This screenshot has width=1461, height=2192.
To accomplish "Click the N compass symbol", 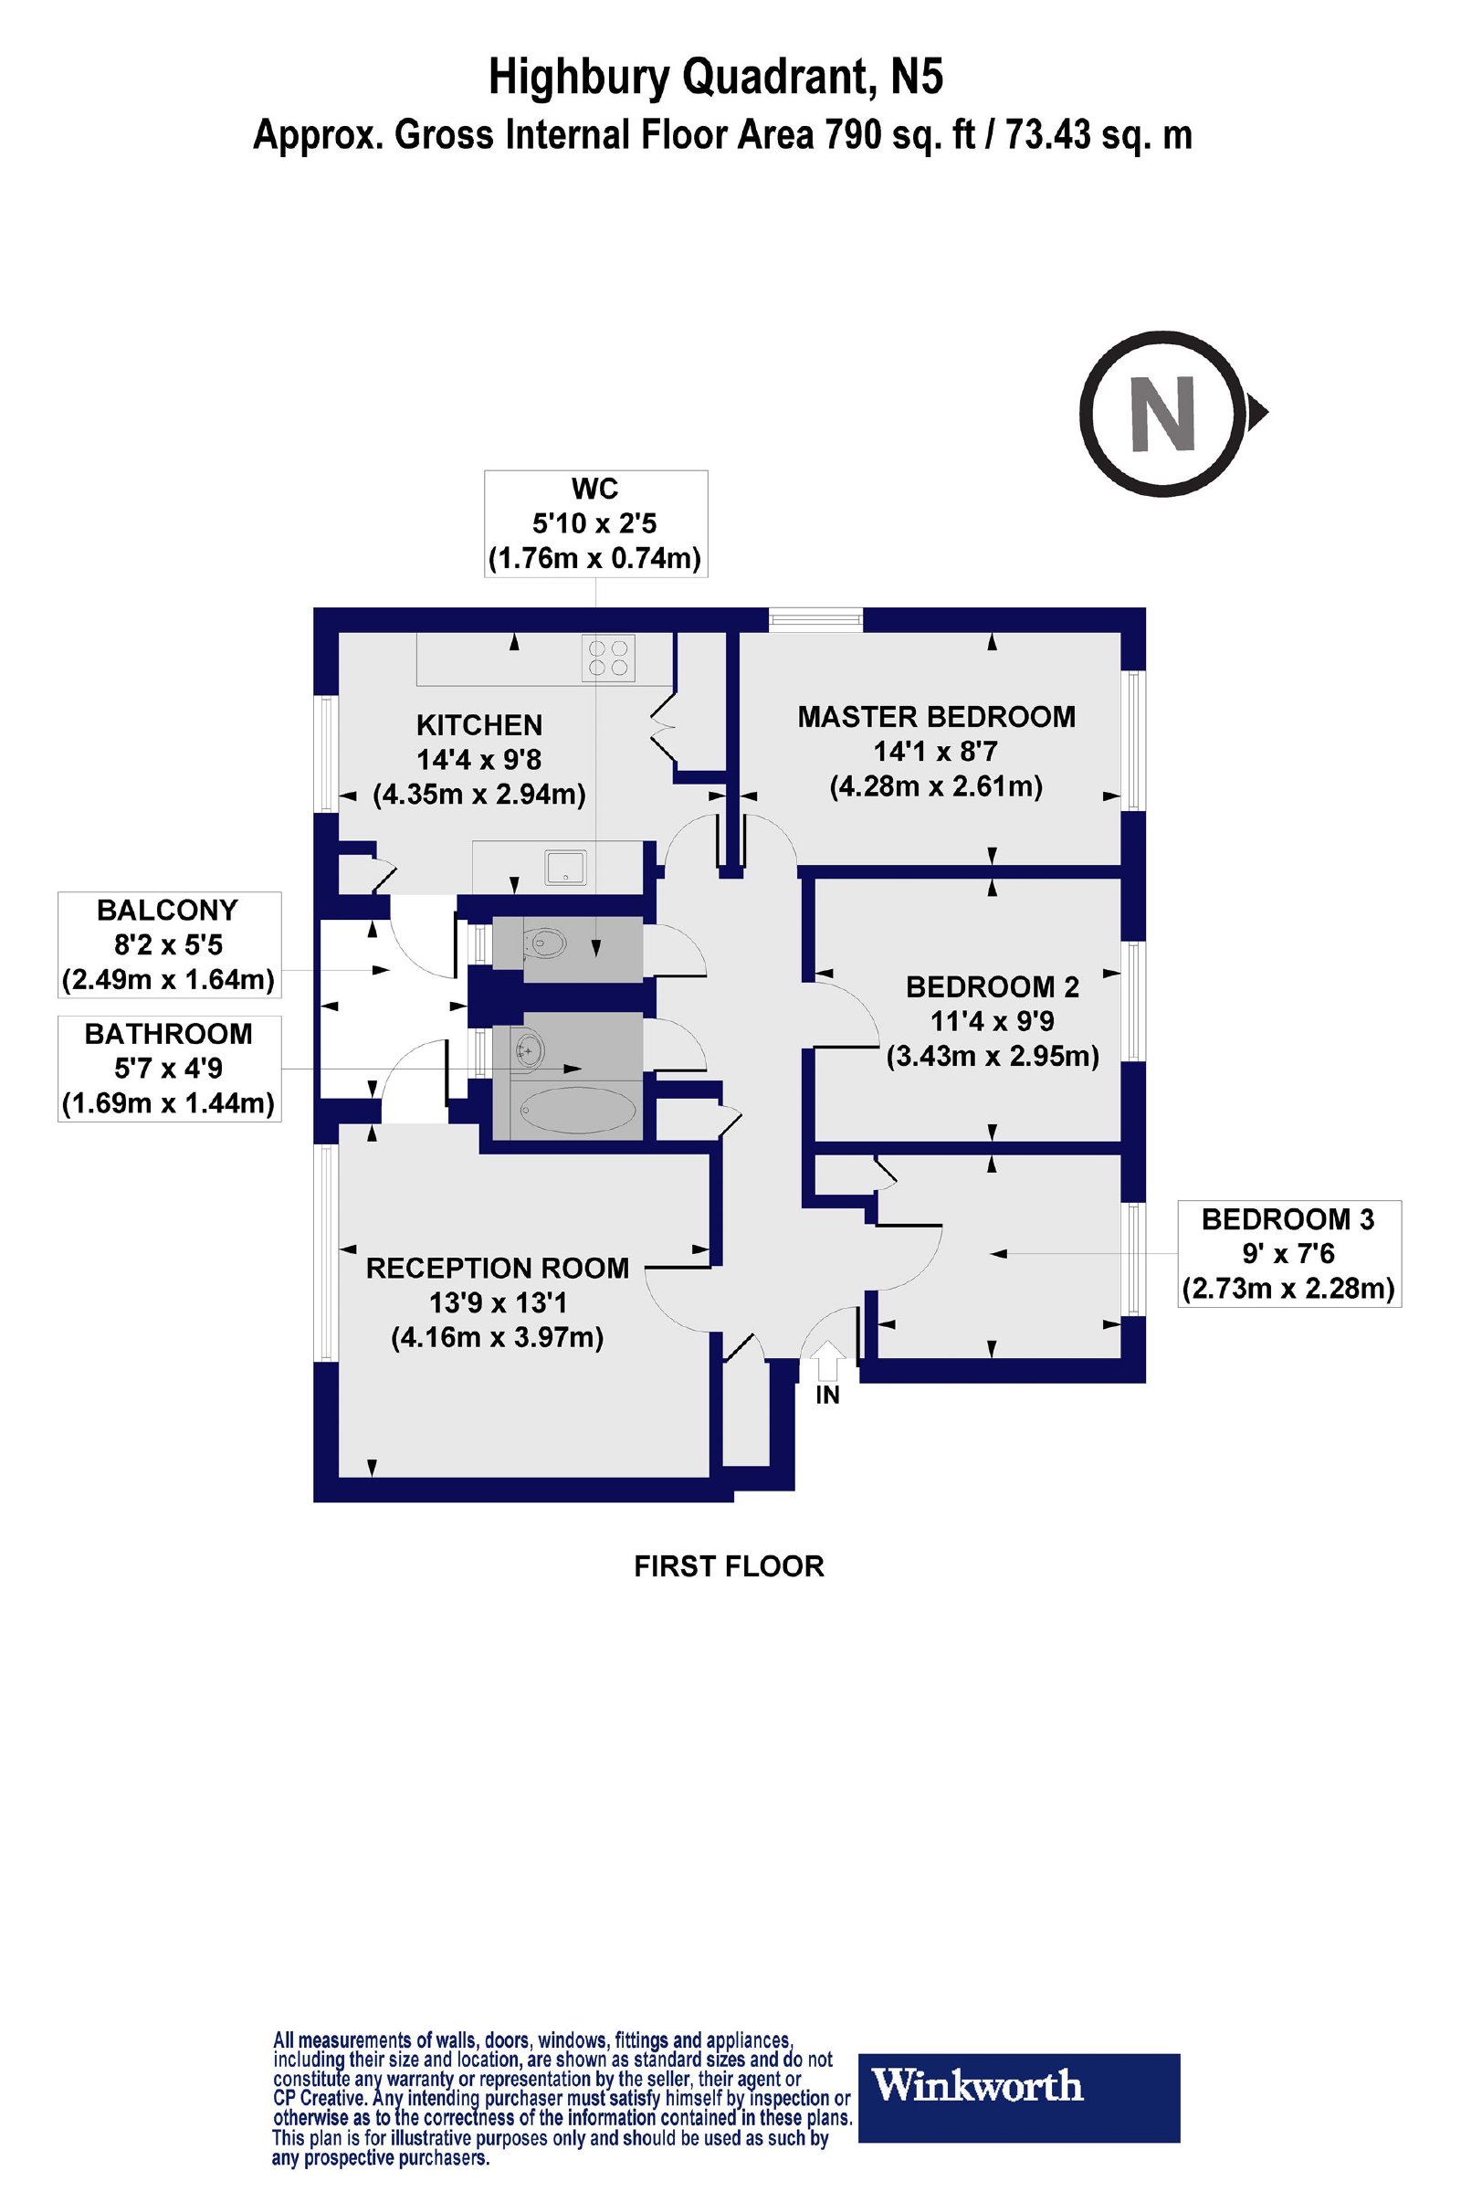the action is tap(1172, 412).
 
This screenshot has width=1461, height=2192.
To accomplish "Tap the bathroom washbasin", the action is tap(528, 1050).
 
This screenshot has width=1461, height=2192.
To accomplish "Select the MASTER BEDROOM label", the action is tap(937, 717).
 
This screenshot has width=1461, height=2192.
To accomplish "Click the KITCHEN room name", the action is tap(478, 725).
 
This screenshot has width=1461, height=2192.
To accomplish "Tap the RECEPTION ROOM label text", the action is tap(498, 1268).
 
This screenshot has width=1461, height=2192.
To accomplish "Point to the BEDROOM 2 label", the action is tap(993, 986).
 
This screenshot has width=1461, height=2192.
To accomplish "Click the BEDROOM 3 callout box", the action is tap(1289, 1253).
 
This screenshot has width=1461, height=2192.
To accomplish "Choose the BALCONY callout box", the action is tap(170, 945).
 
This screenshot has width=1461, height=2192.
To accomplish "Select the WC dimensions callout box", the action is tap(595, 523).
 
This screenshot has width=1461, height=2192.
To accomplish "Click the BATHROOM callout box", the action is tap(170, 1068).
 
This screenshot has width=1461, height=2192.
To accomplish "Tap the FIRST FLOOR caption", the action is tap(729, 1565).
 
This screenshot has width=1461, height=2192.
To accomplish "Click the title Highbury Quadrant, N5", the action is tap(716, 79).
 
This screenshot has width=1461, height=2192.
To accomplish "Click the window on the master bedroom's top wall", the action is tap(815, 620).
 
